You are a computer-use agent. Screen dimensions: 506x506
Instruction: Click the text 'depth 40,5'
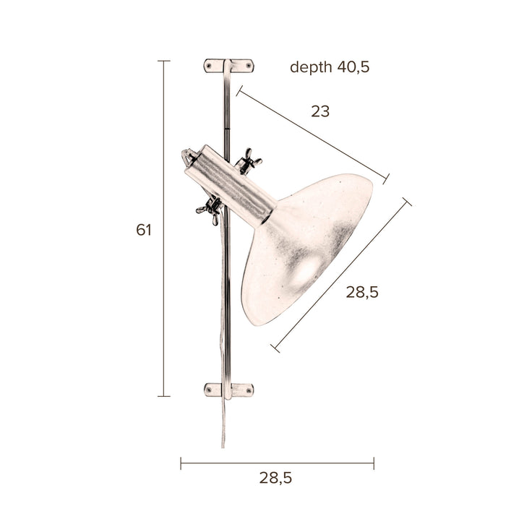point(330,67)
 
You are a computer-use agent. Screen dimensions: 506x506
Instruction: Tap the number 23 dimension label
point(320,111)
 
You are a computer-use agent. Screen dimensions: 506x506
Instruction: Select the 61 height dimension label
point(144,230)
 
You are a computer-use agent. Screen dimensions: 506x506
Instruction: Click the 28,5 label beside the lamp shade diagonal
point(362,292)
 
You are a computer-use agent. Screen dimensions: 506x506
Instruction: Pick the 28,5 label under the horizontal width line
point(275,477)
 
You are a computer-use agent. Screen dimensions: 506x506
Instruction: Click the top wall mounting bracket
point(228,66)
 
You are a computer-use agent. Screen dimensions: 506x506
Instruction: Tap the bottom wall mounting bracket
point(228,390)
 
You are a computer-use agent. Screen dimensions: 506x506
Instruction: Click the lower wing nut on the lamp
point(210,209)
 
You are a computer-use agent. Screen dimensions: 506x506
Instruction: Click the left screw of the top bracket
point(210,66)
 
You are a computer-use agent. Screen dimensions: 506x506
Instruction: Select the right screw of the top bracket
point(249,66)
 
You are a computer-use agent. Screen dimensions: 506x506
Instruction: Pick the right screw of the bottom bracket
point(249,390)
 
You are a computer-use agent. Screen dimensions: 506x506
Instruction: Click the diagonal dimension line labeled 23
point(312,134)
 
